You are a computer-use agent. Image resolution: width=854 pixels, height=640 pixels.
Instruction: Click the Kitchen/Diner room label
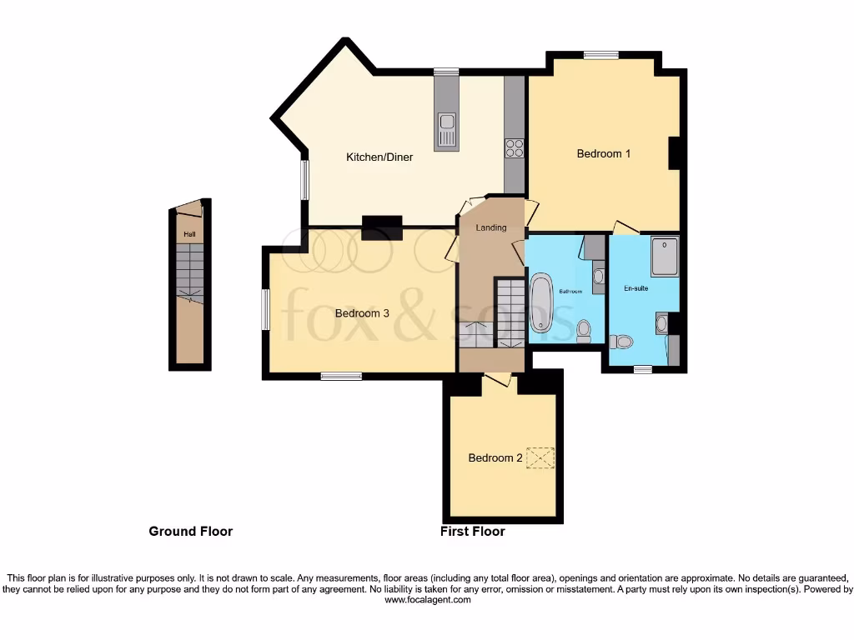click(379, 157)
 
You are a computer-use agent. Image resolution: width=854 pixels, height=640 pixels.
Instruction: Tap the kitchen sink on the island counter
click(447, 130)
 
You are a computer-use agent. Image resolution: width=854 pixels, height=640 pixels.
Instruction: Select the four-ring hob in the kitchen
click(515, 148)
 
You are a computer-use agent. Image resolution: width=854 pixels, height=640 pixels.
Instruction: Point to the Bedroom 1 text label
click(604, 153)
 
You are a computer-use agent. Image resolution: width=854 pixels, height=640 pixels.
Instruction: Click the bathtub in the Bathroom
click(541, 302)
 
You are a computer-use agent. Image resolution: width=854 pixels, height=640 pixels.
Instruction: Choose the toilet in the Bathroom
click(584, 331)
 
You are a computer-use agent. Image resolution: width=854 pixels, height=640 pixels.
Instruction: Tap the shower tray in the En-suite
click(665, 256)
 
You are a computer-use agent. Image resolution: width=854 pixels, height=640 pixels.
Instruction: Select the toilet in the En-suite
click(621, 341)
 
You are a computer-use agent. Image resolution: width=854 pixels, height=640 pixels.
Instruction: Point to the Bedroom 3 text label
click(362, 313)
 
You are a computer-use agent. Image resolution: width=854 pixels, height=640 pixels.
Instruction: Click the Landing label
click(490, 227)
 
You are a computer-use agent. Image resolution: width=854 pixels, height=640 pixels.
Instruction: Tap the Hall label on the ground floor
click(189, 235)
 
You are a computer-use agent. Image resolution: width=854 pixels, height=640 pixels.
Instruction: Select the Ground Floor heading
click(190, 531)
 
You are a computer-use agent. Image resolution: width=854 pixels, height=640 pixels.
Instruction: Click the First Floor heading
click(472, 531)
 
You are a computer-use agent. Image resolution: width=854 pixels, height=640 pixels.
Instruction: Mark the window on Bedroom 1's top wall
click(600, 56)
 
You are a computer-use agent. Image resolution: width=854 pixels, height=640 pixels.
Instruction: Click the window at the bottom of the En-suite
click(642, 368)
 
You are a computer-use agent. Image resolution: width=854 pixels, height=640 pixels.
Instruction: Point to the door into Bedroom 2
click(498, 379)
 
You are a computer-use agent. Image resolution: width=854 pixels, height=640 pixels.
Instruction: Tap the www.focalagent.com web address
click(426, 599)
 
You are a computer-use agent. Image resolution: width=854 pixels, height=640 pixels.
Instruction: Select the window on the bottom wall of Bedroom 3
click(341, 376)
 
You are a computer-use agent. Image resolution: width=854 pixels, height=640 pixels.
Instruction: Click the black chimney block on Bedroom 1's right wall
click(676, 152)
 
